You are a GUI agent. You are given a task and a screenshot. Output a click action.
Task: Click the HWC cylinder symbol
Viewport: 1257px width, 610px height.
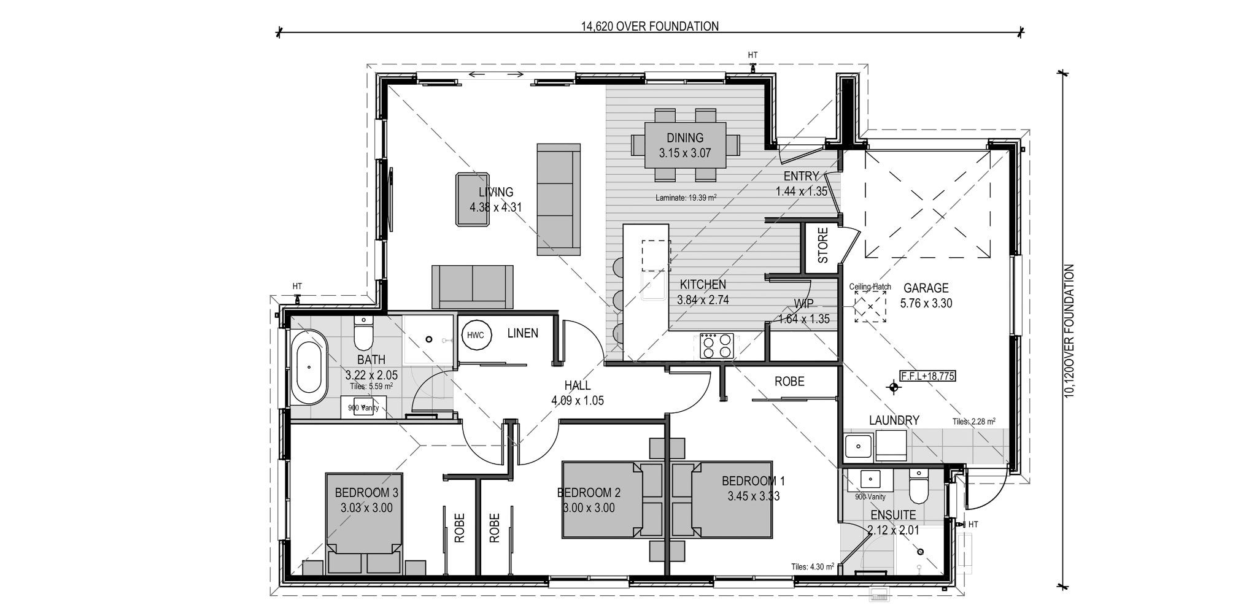point(475,336)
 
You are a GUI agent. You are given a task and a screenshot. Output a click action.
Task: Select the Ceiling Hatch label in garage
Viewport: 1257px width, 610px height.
point(870,287)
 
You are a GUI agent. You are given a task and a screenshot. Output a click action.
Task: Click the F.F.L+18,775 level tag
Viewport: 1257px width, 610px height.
point(927,376)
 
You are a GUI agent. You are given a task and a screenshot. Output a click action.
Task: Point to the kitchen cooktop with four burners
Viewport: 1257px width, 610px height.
point(717,346)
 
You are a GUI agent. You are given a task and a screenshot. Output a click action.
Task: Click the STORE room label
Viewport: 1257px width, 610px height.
point(823,245)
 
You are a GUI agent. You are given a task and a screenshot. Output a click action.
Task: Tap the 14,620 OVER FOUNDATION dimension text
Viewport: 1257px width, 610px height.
point(649,26)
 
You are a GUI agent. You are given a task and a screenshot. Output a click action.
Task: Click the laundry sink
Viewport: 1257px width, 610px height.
point(858,446)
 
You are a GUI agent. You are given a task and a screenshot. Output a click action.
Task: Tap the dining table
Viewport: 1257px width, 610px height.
point(685,145)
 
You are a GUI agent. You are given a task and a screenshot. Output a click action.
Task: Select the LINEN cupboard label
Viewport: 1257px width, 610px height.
point(522,333)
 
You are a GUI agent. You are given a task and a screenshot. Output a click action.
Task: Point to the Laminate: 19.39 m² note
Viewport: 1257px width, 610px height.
point(686,198)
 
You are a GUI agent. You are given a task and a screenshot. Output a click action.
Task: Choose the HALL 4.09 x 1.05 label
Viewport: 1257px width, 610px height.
point(577,393)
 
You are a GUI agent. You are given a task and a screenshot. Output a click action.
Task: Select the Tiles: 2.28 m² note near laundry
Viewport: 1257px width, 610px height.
point(973,422)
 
